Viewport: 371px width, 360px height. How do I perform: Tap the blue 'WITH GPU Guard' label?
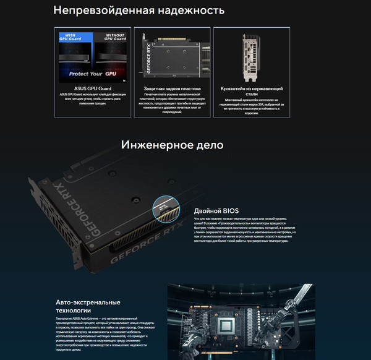[73, 38]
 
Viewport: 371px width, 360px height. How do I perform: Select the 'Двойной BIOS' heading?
[216, 210]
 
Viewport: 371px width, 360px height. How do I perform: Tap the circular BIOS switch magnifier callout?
[164, 208]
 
